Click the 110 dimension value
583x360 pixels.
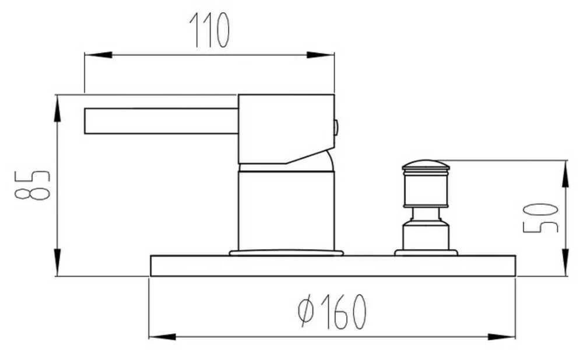click(x=209, y=30)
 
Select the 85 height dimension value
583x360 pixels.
click(x=32, y=185)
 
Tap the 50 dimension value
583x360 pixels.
click(x=540, y=218)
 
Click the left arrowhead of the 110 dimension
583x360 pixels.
click(x=98, y=55)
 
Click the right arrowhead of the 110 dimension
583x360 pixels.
click(x=320, y=55)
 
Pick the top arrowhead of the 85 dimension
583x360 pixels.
click(x=57, y=108)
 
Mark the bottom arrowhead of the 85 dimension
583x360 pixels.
click(x=57, y=263)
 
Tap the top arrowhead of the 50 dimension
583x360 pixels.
click(x=565, y=174)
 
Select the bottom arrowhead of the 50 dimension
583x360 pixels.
click(x=565, y=263)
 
